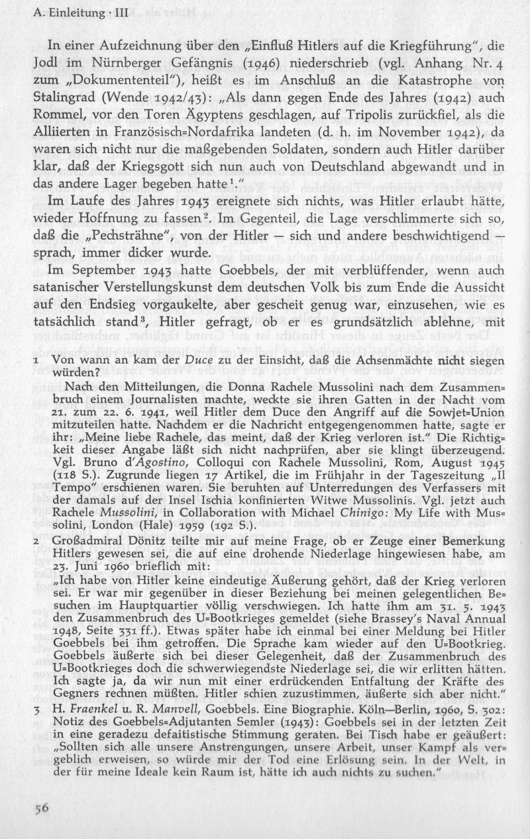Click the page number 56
pyautogui.click(x=42, y=807)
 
